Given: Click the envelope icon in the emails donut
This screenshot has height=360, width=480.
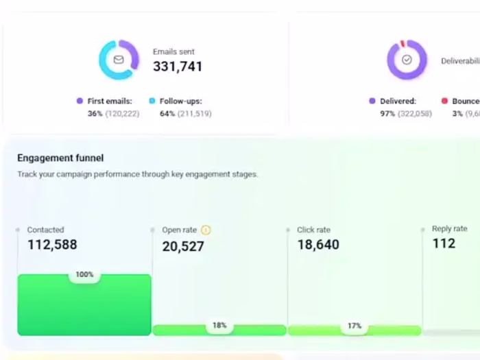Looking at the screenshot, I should coord(119,60).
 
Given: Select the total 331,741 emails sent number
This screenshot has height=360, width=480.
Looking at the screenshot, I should coord(177,67).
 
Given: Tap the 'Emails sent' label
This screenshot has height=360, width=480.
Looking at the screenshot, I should coord(173,51).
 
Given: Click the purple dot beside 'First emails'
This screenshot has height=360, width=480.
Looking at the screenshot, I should coord(80,101).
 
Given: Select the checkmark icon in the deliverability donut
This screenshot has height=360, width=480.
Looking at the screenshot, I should coord(407,60).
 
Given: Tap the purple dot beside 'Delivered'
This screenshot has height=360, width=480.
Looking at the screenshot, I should coord(372,101).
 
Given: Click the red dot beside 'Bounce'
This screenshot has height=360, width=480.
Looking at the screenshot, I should coord(444,101).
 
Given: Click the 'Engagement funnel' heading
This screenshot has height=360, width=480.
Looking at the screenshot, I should coord(60,158).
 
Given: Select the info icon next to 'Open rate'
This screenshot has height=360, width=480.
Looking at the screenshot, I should coord(206,230).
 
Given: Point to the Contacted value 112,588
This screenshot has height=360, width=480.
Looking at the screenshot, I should coord(52,245).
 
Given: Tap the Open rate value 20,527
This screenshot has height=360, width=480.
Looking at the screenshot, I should coord(183,247).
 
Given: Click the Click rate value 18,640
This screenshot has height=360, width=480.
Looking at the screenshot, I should coord(318,245).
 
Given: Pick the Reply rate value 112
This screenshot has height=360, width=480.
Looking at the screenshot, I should coord(444,243).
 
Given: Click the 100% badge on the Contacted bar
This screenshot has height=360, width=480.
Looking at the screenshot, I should coord(84,275).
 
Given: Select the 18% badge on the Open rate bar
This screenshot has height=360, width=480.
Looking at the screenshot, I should coord(219,326).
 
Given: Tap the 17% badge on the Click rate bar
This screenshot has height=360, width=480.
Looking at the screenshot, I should coord(354,326).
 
